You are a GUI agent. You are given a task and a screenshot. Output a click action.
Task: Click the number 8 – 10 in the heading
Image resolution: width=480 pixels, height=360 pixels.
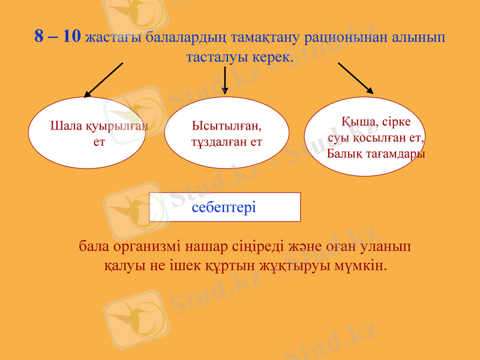pos(57,37)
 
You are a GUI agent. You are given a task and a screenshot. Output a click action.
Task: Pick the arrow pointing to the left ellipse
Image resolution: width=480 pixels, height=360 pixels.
pos(103,80)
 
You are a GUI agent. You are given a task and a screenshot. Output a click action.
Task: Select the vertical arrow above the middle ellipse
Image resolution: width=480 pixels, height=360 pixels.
pos(224,80)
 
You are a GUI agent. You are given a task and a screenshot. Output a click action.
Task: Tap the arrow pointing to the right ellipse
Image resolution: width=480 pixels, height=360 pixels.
pos(356,79)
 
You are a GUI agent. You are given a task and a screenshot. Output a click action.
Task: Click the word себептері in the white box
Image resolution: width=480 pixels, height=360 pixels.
pos(224,208)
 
